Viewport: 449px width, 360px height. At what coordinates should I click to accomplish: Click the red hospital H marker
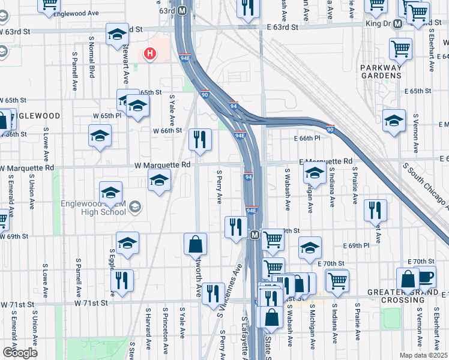(150, 54)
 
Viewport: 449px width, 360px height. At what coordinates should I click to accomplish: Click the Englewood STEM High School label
(96, 207)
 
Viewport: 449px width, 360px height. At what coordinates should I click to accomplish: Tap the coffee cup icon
(426, 278)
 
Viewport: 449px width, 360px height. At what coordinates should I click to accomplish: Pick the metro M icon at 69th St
(255, 234)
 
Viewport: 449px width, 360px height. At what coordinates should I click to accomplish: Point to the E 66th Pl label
(308, 138)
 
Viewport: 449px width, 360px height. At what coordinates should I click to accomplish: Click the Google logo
(20, 352)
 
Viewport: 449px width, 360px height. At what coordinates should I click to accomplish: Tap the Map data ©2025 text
(423, 355)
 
